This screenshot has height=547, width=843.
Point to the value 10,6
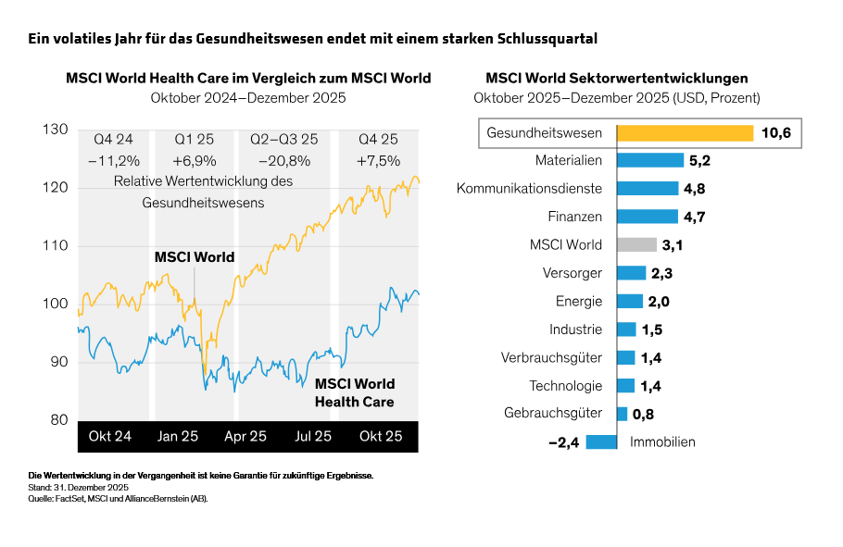[x=775, y=133]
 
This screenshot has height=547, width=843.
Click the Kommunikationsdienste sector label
[x=529, y=189]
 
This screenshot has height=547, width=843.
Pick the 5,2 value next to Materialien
[x=699, y=161]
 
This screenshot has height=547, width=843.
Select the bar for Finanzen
[x=647, y=217]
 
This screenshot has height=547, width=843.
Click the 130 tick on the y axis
[x=56, y=131]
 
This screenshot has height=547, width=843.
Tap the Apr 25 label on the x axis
[x=245, y=436]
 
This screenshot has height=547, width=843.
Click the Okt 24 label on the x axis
[x=109, y=436]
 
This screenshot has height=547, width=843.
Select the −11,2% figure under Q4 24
[x=113, y=160]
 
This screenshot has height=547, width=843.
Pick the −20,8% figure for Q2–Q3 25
[x=283, y=160]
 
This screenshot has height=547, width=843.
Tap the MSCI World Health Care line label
[x=355, y=392]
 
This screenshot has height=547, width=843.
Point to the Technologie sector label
[x=565, y=386]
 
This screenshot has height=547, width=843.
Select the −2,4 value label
[x=563, y=442]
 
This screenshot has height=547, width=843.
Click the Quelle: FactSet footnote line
[x=118, y=498]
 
